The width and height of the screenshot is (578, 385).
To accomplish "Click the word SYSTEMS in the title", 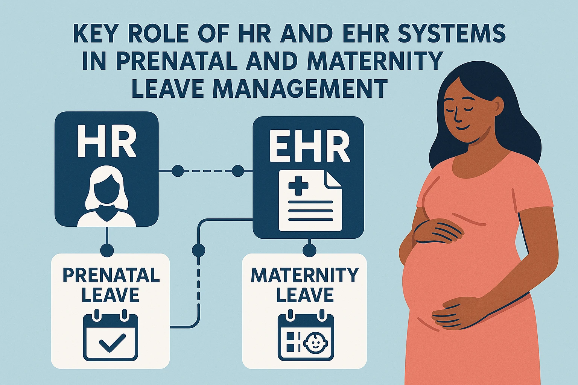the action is tap(452, 33).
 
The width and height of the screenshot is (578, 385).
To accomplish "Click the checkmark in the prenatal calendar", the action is tap(113, 343).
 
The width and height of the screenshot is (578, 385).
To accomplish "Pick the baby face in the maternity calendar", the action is tap(315, 343).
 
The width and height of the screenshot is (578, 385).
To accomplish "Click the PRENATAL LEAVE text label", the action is tap(111, 285).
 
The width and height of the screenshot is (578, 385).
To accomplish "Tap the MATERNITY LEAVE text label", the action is tap(305, 285).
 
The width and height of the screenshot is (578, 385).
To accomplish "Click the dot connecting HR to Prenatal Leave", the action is tap(107, 250).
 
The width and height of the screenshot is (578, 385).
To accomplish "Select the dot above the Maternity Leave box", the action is tap(309, 250).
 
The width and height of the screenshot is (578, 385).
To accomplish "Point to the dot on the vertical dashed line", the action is tap(199, 250).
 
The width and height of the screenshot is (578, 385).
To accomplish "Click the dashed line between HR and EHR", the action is tap(208, 171).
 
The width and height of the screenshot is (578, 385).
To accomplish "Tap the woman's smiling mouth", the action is tap(464, 128).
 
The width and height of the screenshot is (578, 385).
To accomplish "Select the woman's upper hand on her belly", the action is tap(438, 231).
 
